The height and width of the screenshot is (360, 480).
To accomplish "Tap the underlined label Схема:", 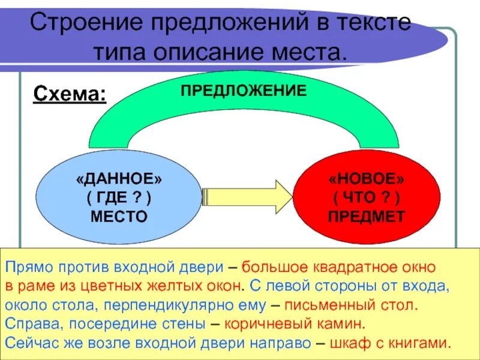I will [70, 94].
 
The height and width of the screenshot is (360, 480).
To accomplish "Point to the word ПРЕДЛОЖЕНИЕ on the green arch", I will [244, 91].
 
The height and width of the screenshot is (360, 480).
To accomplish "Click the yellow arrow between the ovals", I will [247, 196].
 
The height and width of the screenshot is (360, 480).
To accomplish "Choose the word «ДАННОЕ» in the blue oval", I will [119, 180].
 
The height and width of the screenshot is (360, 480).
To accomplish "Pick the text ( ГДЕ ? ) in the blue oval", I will [119, 198].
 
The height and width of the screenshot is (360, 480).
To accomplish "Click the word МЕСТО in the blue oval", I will [119, 216].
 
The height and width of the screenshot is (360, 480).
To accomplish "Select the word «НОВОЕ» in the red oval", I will [366, 180].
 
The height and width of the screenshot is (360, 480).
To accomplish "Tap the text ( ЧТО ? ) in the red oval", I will [366, 198].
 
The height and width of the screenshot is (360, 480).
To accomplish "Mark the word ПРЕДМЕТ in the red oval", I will [366, 216].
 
